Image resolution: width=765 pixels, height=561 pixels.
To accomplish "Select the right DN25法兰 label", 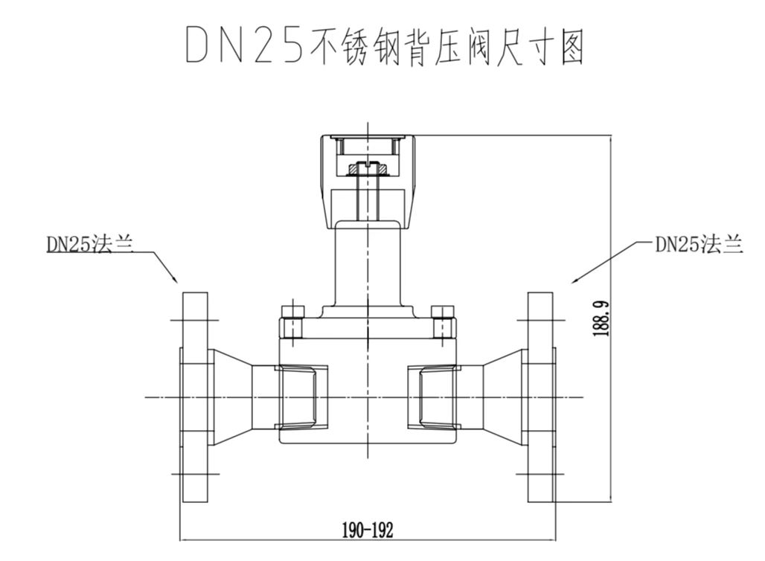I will pyautogui.click(x=698, y=245).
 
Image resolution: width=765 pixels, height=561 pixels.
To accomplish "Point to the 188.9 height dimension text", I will pyautogui.click(x=602, y=319).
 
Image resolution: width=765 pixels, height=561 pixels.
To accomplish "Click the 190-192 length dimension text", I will pyautogui.click(x=368, y=530).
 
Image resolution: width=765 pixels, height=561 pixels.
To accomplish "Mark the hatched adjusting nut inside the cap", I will pyautogui.click(x=367, y=170).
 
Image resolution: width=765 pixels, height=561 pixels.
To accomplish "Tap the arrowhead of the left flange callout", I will pyautogui.click(x=175, y=280).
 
